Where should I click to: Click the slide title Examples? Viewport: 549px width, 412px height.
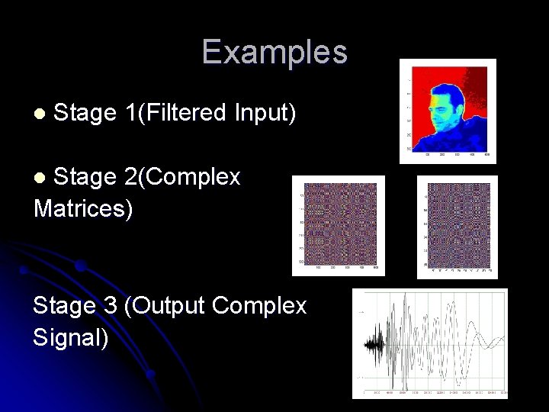tap(274, 53)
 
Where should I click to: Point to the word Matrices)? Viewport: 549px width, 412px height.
tap(83, 208)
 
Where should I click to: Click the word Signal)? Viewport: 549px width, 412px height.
tap(71, 336)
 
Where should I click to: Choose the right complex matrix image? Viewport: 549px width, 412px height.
tap(457, 226)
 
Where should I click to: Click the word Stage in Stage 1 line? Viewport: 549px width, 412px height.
tap(84, 113)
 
